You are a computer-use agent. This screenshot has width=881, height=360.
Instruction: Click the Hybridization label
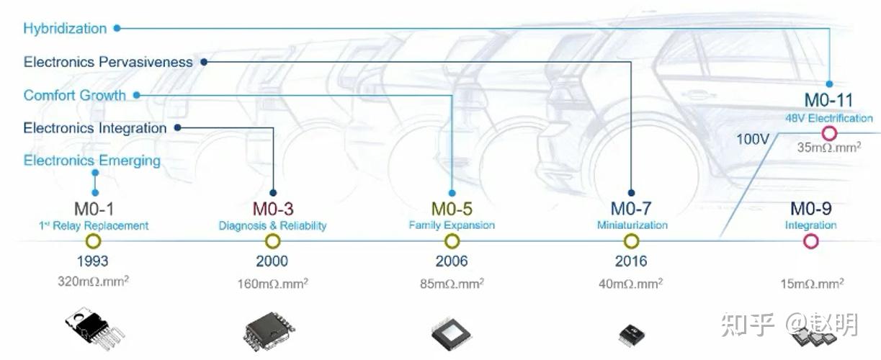coord(65,29)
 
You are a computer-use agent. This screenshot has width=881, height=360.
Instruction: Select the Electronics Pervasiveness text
coord(108,62)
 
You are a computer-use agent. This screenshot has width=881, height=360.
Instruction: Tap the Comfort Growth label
coord(74,95)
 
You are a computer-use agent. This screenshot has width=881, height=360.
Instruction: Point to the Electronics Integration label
coord(95,128)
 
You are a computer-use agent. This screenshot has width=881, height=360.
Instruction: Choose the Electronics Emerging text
coord(92,160)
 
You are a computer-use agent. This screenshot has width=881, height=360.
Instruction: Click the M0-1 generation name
coord(93,209)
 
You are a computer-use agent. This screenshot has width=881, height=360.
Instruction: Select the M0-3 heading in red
coord(272,209)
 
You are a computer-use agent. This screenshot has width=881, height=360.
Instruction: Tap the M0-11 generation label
coord(828,101)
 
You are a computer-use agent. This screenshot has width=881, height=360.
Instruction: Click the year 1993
coord(92,261)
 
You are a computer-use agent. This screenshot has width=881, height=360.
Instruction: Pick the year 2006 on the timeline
coord(452,261)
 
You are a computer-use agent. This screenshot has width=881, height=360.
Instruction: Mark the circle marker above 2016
coord(631,241)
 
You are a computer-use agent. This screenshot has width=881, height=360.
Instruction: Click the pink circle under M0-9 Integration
coord(811,241)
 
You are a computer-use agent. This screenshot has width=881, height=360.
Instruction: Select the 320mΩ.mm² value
coord(93,282)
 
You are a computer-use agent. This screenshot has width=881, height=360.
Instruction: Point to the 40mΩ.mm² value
coord(631,283)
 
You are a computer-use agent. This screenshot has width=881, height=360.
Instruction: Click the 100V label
coord(753,138)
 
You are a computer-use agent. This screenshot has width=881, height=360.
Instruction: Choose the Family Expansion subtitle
coord(452,225)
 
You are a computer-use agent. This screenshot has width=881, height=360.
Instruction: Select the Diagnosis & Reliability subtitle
coord(272,226)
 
